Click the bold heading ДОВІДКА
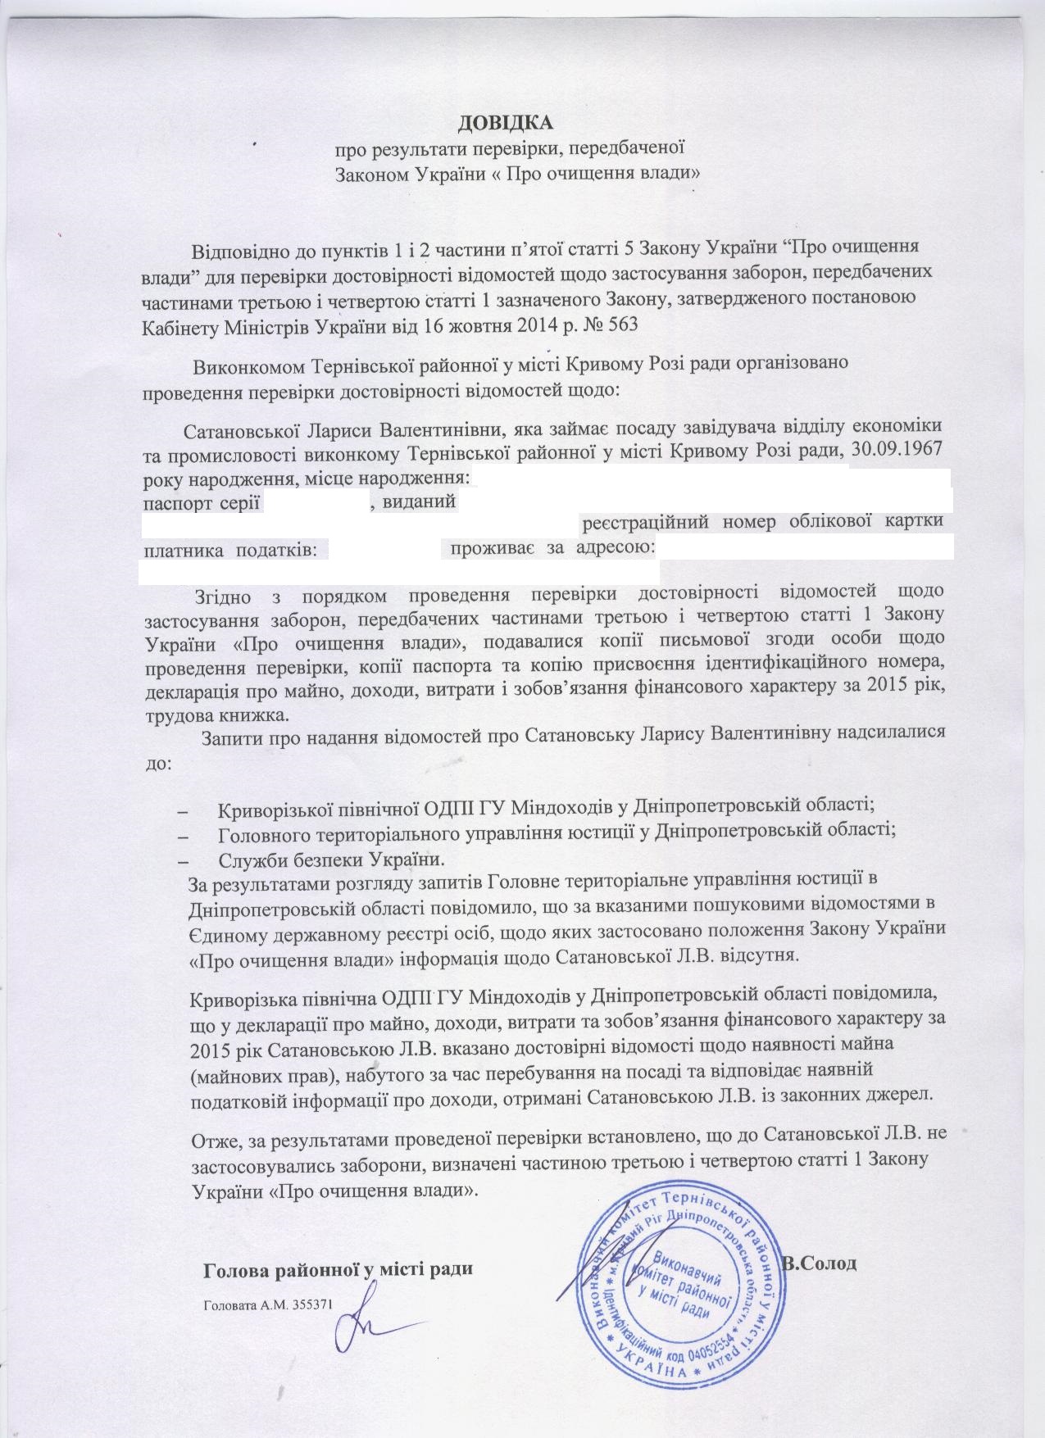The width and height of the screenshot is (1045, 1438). pos(506,124)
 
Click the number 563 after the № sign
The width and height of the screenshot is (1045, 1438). pos(619,325)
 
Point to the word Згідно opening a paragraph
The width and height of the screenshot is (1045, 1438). pos(220,590)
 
